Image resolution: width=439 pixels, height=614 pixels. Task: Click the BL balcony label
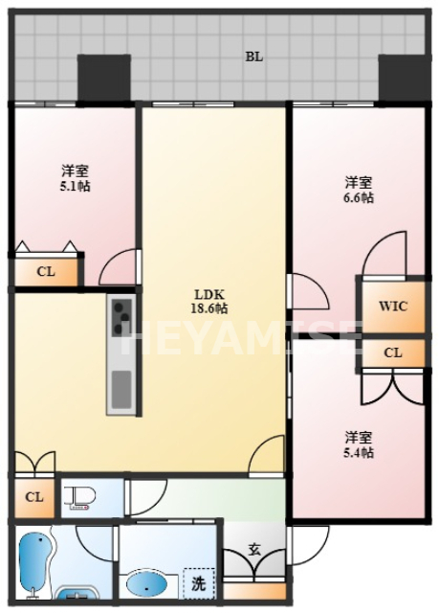(x=253, y=57)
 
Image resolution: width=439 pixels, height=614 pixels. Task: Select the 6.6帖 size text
(x=359, y=197)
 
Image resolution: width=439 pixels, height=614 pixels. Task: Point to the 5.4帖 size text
(x=359, y=452)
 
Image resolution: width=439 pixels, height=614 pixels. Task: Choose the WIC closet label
(x=392, y=307)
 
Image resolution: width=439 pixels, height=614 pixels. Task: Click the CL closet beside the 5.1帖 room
(x=45, y=271)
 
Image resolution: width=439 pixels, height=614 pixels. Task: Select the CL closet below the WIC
(x=392, y=353)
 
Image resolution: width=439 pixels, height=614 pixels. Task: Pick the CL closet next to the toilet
(x=33, y=497)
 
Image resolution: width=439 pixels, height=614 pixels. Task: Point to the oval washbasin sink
(x=147, y=582)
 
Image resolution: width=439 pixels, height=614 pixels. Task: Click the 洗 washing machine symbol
(x=198, y=581)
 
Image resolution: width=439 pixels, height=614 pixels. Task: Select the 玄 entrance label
(x=254, y=550)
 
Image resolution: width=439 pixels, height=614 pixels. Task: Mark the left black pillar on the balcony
(x=103, y=77)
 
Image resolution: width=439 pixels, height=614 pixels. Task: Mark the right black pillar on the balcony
(x=404, y=77)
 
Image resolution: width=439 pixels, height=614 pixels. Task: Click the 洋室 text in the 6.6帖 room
(x=359, y=182)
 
